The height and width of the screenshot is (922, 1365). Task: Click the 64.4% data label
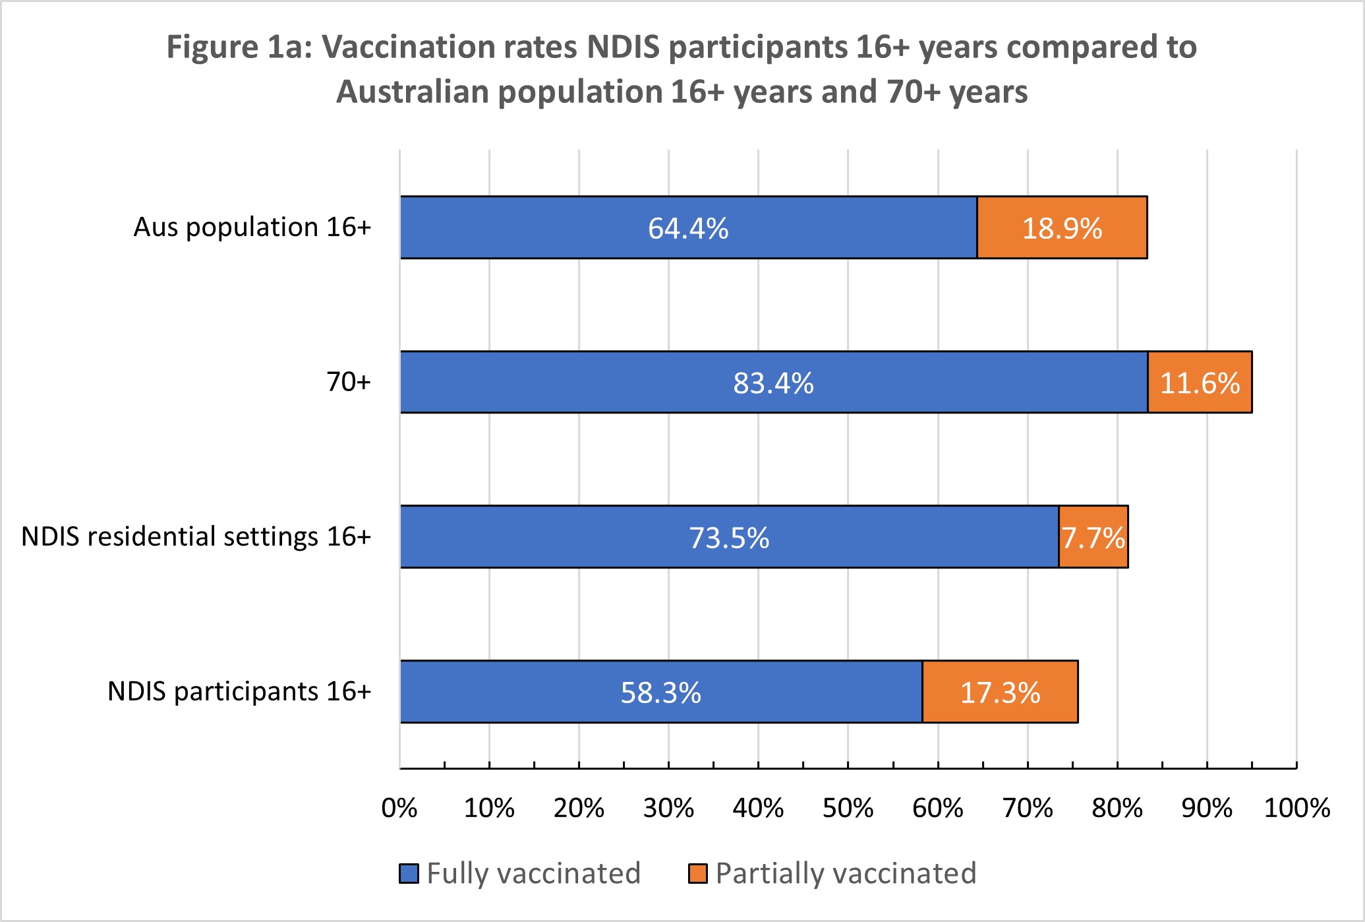[688, 229]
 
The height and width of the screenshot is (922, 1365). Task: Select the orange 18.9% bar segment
[1062, 228]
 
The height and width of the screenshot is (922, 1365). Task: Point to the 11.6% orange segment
[1200, 383]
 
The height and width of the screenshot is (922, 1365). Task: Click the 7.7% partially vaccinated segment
[1093, 537]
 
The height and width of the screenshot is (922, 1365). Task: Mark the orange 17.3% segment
[1000, 692]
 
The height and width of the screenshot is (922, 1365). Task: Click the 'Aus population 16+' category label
[252, 228]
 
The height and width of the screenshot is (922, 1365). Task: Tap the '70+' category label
[349, 382]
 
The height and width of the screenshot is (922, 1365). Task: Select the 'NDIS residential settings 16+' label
[196, 537]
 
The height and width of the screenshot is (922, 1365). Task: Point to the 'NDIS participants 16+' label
[239, 692]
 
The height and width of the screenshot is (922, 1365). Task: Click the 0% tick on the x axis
[399, 809]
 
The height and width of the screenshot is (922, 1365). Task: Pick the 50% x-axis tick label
[848, 809]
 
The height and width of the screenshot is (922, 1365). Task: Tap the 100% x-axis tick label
[1296, 809]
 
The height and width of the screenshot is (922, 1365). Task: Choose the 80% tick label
[1117, 809]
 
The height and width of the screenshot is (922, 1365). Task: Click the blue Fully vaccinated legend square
[409, 874]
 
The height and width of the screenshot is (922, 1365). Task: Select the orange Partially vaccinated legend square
[698, 874]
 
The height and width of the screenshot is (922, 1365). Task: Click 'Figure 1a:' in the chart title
[238, 47]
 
